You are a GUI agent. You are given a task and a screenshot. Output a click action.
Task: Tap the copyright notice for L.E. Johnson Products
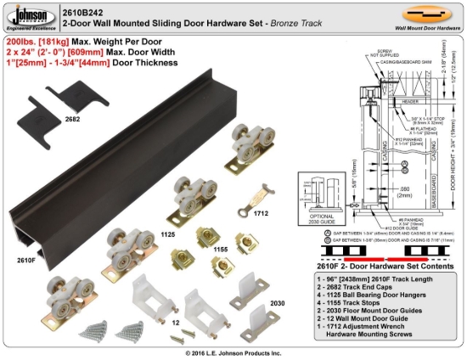tap(233, 352)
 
